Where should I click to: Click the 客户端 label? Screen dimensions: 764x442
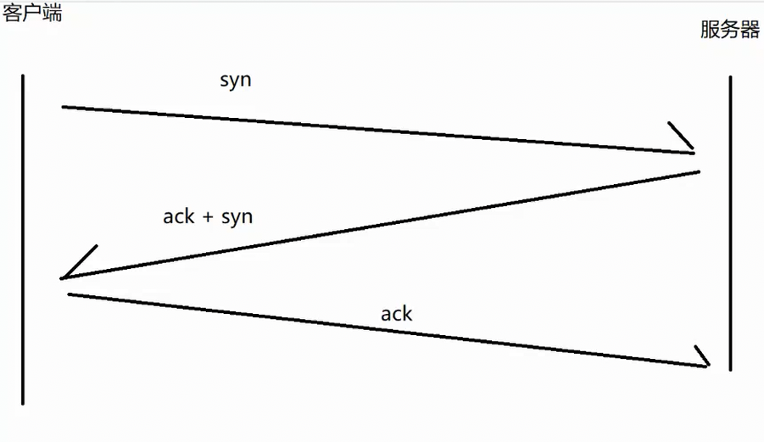[32, 13]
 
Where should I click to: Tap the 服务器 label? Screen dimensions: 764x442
[730, 29]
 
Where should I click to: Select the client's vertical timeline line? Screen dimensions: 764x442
[23, 239]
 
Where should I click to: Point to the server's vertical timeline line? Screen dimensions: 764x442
[730, 223]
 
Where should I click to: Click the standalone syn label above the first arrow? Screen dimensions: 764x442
[236, 81]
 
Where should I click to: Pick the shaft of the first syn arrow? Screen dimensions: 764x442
[378, 130]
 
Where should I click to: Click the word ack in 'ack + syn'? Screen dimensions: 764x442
[179, 216]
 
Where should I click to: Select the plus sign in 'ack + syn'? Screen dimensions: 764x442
[208, 217]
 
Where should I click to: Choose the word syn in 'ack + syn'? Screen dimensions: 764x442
[237, 217]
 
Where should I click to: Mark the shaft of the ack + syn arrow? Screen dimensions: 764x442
[380, 225]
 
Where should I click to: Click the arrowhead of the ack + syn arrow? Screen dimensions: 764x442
[78, 263]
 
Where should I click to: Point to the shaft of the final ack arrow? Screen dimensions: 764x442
[388, 330]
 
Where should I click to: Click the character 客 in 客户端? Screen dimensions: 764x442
[12, 13]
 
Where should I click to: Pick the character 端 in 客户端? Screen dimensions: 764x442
[53, 13]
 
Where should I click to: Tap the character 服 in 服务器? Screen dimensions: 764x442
[710, 29]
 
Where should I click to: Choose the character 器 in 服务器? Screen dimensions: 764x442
[750, 29]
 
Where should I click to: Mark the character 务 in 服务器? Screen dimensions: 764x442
[730, 29]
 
